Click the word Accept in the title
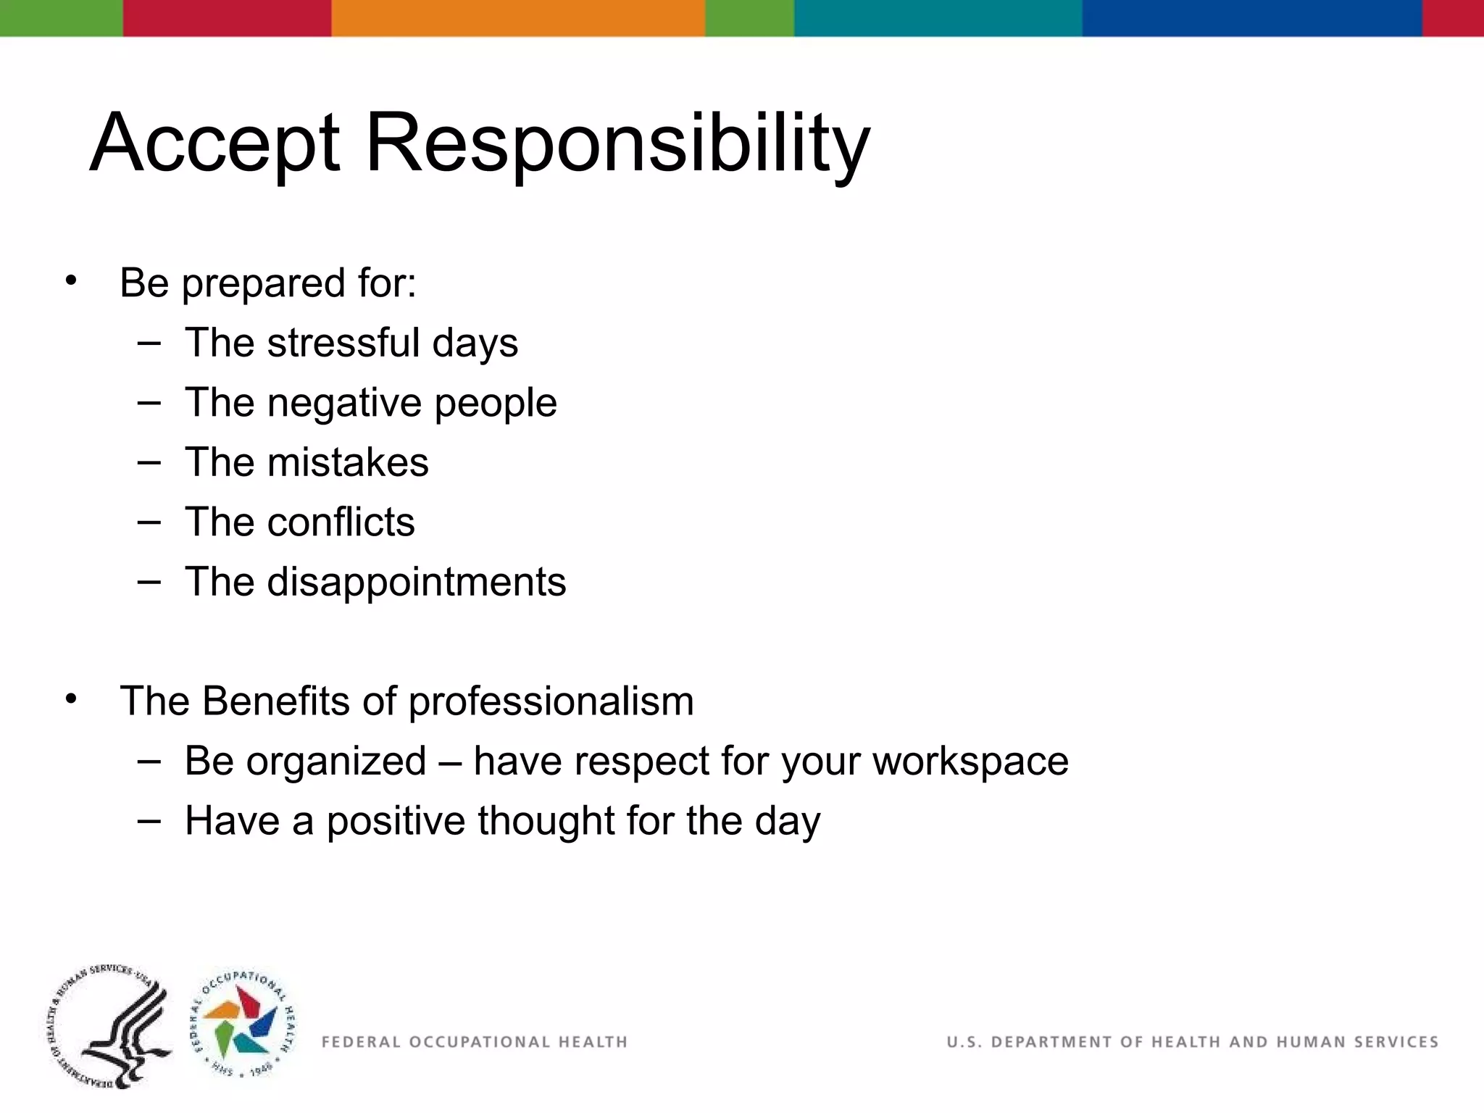tap(214, 143)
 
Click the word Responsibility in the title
tap(617, 143)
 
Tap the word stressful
tap(343, 343)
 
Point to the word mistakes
tap(347, 462)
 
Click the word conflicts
tap(341, 522)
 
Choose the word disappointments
tap(416, 583)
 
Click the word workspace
tap(970, 762)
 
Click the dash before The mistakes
tap(149, 462)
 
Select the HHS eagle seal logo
tap(111, 1027)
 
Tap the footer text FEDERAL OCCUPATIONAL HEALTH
tap(474, 1042)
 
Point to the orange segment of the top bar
tap(517, 18)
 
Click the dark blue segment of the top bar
tap(1251, 18)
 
